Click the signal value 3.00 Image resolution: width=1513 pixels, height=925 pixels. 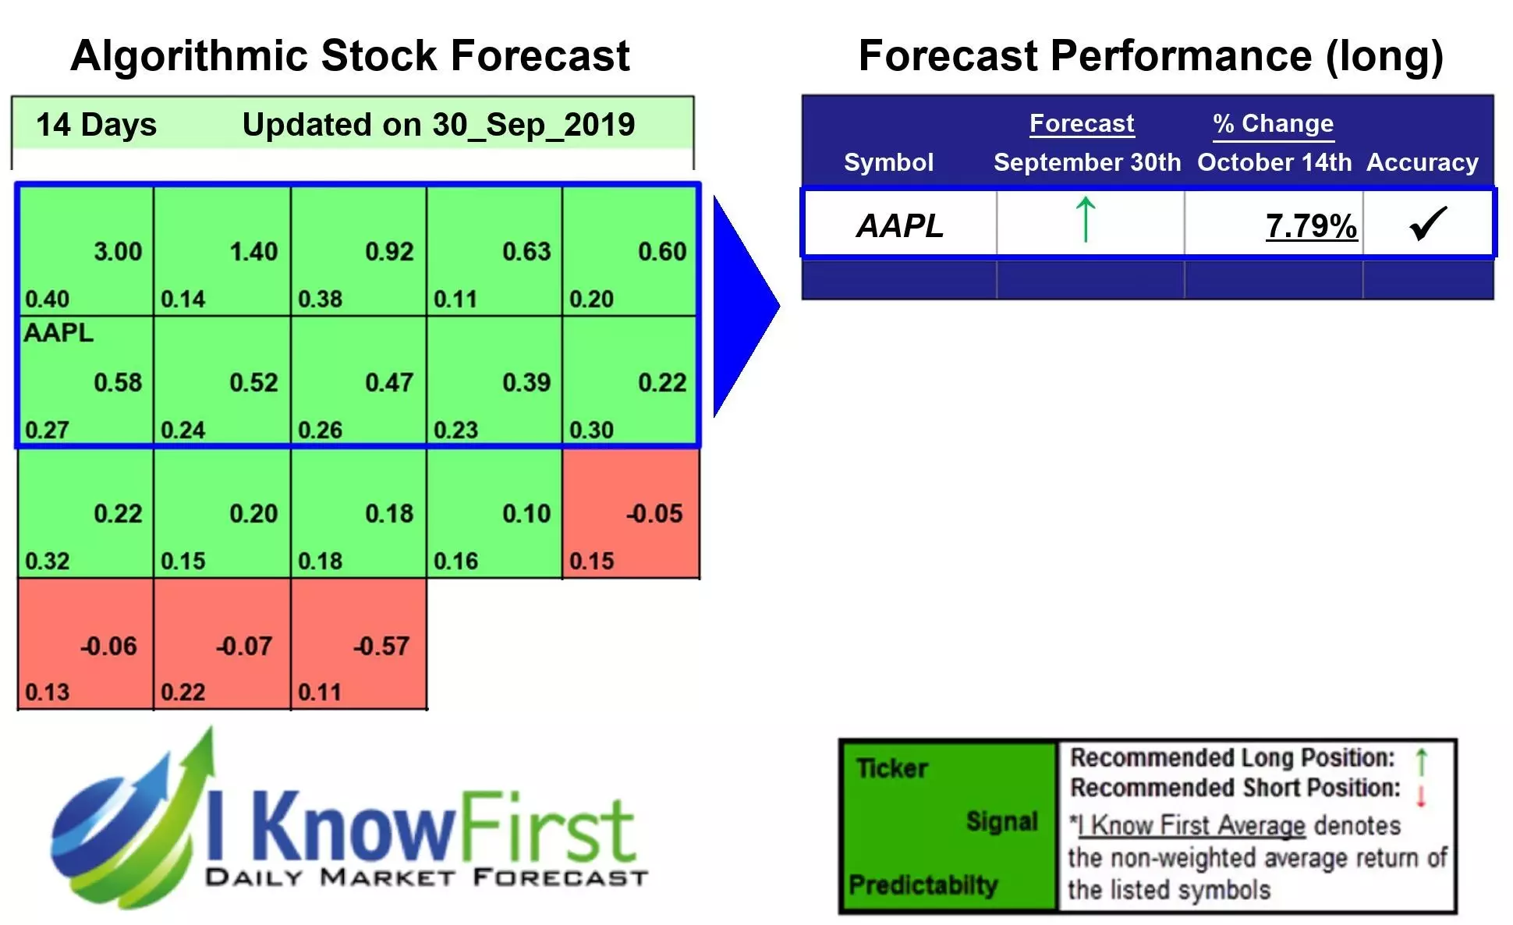click(118, 252)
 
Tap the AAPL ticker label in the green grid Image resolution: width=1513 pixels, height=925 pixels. click(58, 333)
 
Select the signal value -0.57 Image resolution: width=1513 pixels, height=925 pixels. click(381, 646)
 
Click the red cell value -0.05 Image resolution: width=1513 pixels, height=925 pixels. click(654, 514)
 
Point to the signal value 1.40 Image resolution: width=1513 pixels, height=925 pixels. click(253, 252)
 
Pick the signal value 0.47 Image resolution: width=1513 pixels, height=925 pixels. click(389, 383)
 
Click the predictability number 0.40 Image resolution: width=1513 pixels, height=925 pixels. click(47, 299)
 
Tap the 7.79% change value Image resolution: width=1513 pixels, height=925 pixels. click(1310, 226)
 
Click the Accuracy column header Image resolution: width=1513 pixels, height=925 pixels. click(1422, 162)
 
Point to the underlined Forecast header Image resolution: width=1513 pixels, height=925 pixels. click(1081, 123)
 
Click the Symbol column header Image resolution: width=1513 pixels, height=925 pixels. click(888, 162)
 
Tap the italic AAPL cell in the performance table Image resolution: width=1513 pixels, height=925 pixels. click(900, 226)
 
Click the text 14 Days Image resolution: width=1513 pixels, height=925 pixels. click(96, 125)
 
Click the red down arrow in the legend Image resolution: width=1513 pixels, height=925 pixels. click(1421, 796)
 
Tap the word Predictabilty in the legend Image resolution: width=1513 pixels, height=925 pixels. click(923, 884)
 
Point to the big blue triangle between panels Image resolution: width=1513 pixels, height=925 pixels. click(741, 306)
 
